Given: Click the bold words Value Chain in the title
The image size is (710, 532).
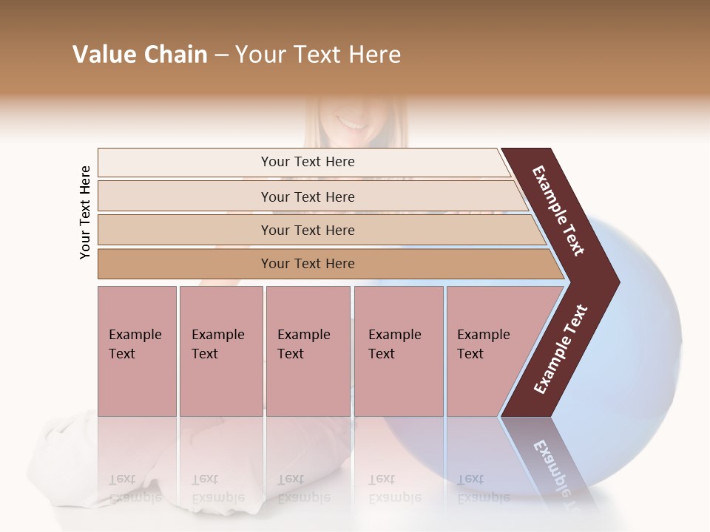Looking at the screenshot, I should (x=140, y=55).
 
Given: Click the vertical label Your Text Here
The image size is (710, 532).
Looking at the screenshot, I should (x=85, y=212).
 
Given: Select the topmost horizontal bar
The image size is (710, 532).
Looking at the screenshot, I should (x=185, y=163).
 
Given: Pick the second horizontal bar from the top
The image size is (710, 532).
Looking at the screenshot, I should (x=185, y=197).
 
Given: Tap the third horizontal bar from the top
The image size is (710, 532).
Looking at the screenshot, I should (x=185, y=230).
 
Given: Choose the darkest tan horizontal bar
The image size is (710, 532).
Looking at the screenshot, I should (x=185, y=264).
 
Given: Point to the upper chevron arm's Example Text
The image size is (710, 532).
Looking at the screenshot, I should (x=559, y=211).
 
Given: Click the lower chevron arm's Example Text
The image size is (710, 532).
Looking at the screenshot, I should (x=561, y=349).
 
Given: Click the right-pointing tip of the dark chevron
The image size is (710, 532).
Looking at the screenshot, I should (x=613, y=282).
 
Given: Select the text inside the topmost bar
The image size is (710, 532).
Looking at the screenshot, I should (x=308, y=162).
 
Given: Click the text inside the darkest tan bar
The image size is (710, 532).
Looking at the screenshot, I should (x=308, y=264).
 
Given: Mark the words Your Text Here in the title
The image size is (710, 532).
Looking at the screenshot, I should (x=318, y=55).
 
